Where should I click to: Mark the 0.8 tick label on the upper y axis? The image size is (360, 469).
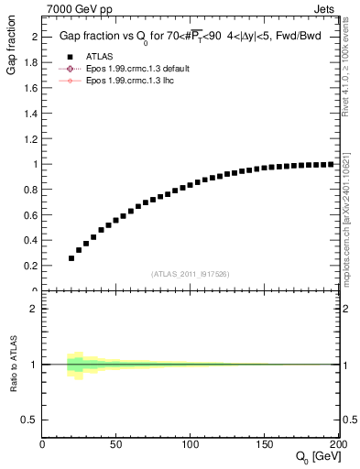click(x=32, y=190)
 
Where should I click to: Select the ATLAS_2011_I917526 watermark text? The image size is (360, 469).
click(x=191, y=273)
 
